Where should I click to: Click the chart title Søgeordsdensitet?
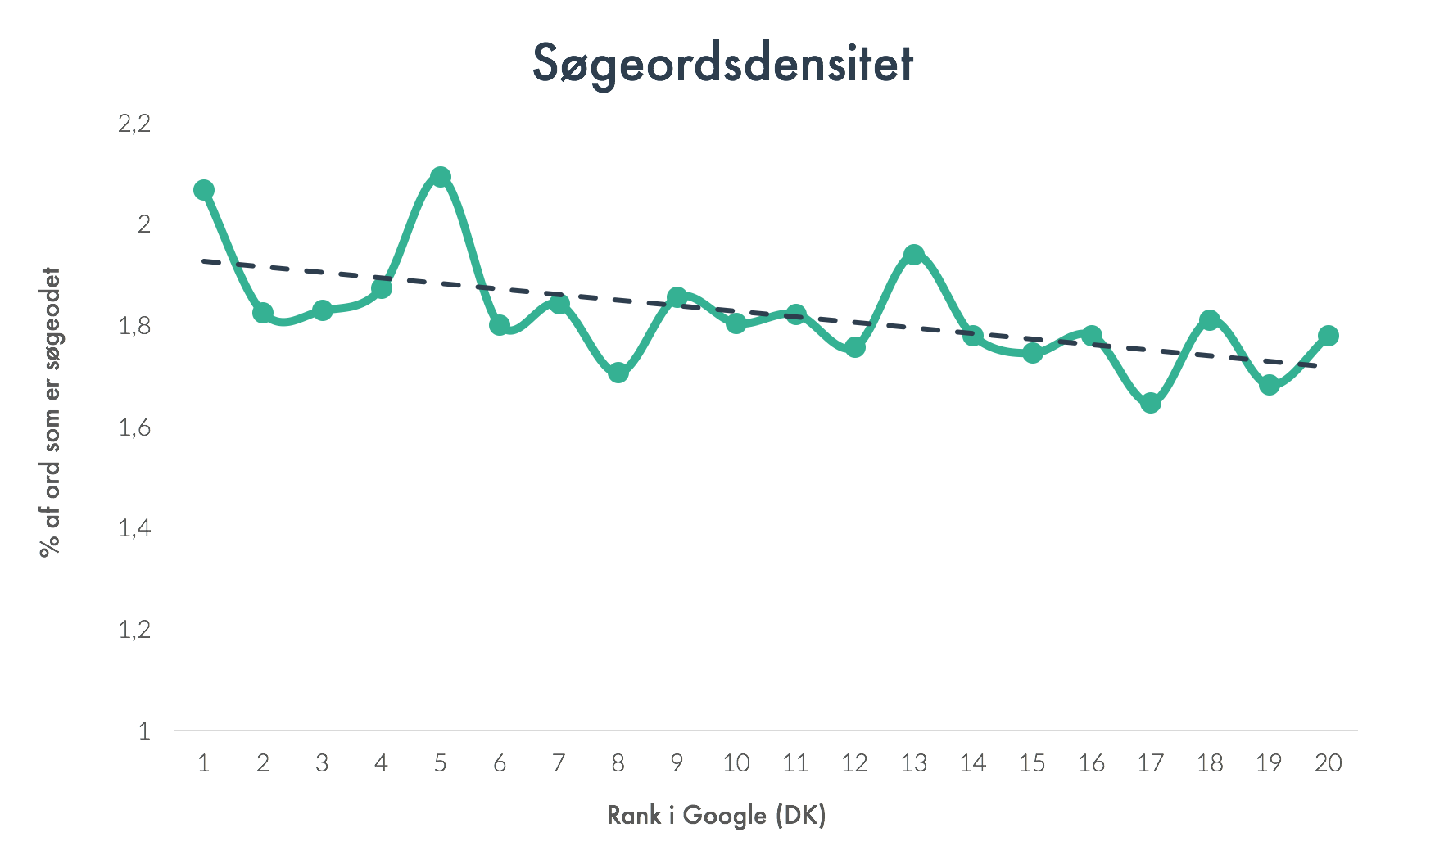[x=722, y=64]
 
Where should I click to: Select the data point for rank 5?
[x=441, y=177]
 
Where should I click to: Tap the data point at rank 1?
[x=204, y=190]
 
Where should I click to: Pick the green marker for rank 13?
[x=914, y=255]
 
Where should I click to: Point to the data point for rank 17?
[x=1151, y=403]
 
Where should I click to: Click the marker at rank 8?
[x=618, y=373]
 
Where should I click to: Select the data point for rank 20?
[x=1328, y=336]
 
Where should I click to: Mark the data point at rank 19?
[x=1269, y=385]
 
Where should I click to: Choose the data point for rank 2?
[x=263, y=313]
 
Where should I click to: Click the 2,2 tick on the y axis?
[x=135, y=124]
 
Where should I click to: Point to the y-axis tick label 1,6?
[x=135, y=427]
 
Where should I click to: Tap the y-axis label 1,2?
[x=135, y=630]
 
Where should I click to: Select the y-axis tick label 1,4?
[x=135, y=528]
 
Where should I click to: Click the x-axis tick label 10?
[x=736, y=763]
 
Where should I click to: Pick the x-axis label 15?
[x=1032, y=763]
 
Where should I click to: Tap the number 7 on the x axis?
[x=559, y=763]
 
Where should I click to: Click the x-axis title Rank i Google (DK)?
[x=717, y=816]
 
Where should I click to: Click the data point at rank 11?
[x=795, y=314]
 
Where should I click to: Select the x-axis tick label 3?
[x=322, y=763]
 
